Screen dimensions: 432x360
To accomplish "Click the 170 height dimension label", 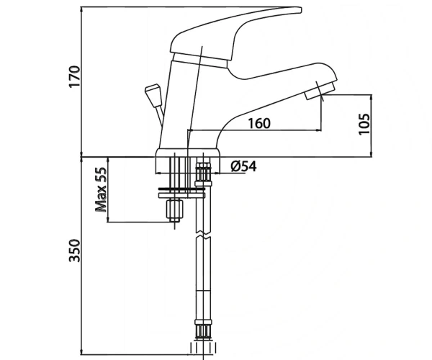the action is (x=74, y=76).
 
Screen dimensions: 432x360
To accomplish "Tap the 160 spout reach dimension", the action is (x=259, y=123).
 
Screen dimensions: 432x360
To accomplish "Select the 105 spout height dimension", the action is (x=364, y=124).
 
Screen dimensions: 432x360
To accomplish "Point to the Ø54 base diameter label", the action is (x=243, y=166).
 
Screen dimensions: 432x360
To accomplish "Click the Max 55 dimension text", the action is (x=101, y=189).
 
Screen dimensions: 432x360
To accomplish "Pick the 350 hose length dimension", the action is (x=74, y=251).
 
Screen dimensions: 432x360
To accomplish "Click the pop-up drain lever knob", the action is (x=153, y=95).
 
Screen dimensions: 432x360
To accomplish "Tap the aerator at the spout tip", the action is (x=320, y=90).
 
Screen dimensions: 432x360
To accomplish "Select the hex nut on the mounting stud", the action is (x=175, y=209).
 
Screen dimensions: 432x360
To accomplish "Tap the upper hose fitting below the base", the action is (x=203, y=174).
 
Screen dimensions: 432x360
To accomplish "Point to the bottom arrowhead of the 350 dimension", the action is (x=81, y=352).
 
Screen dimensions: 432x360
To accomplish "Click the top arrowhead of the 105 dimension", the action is (x=371, y=97).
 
